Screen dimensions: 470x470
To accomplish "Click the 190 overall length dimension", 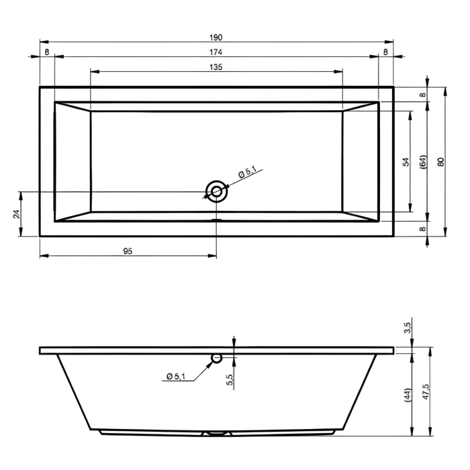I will point(216,37).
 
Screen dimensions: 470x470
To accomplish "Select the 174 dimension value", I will point(216,52).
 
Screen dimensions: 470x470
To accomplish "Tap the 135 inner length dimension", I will point(216,66).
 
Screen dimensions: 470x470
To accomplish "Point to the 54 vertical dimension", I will point(405,162).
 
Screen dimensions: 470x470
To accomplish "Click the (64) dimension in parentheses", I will point(422,162).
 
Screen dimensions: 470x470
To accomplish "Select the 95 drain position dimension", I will point(128,250).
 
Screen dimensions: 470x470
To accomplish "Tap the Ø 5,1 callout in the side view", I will point(175,376).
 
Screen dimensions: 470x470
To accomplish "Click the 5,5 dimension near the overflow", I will point(230,380).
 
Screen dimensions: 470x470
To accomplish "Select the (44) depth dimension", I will point(406,395).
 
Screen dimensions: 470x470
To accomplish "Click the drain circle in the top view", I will point(216,191).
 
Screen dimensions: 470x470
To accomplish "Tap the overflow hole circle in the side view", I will point(216,358).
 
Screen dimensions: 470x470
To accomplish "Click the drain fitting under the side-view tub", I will point(216,434).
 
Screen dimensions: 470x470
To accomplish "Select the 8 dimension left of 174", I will point(46,52).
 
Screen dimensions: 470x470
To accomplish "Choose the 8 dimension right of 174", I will point(386,52).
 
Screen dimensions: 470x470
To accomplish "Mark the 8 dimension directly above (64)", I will point(422,95).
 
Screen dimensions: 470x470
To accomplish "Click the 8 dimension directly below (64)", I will point(422,229).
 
